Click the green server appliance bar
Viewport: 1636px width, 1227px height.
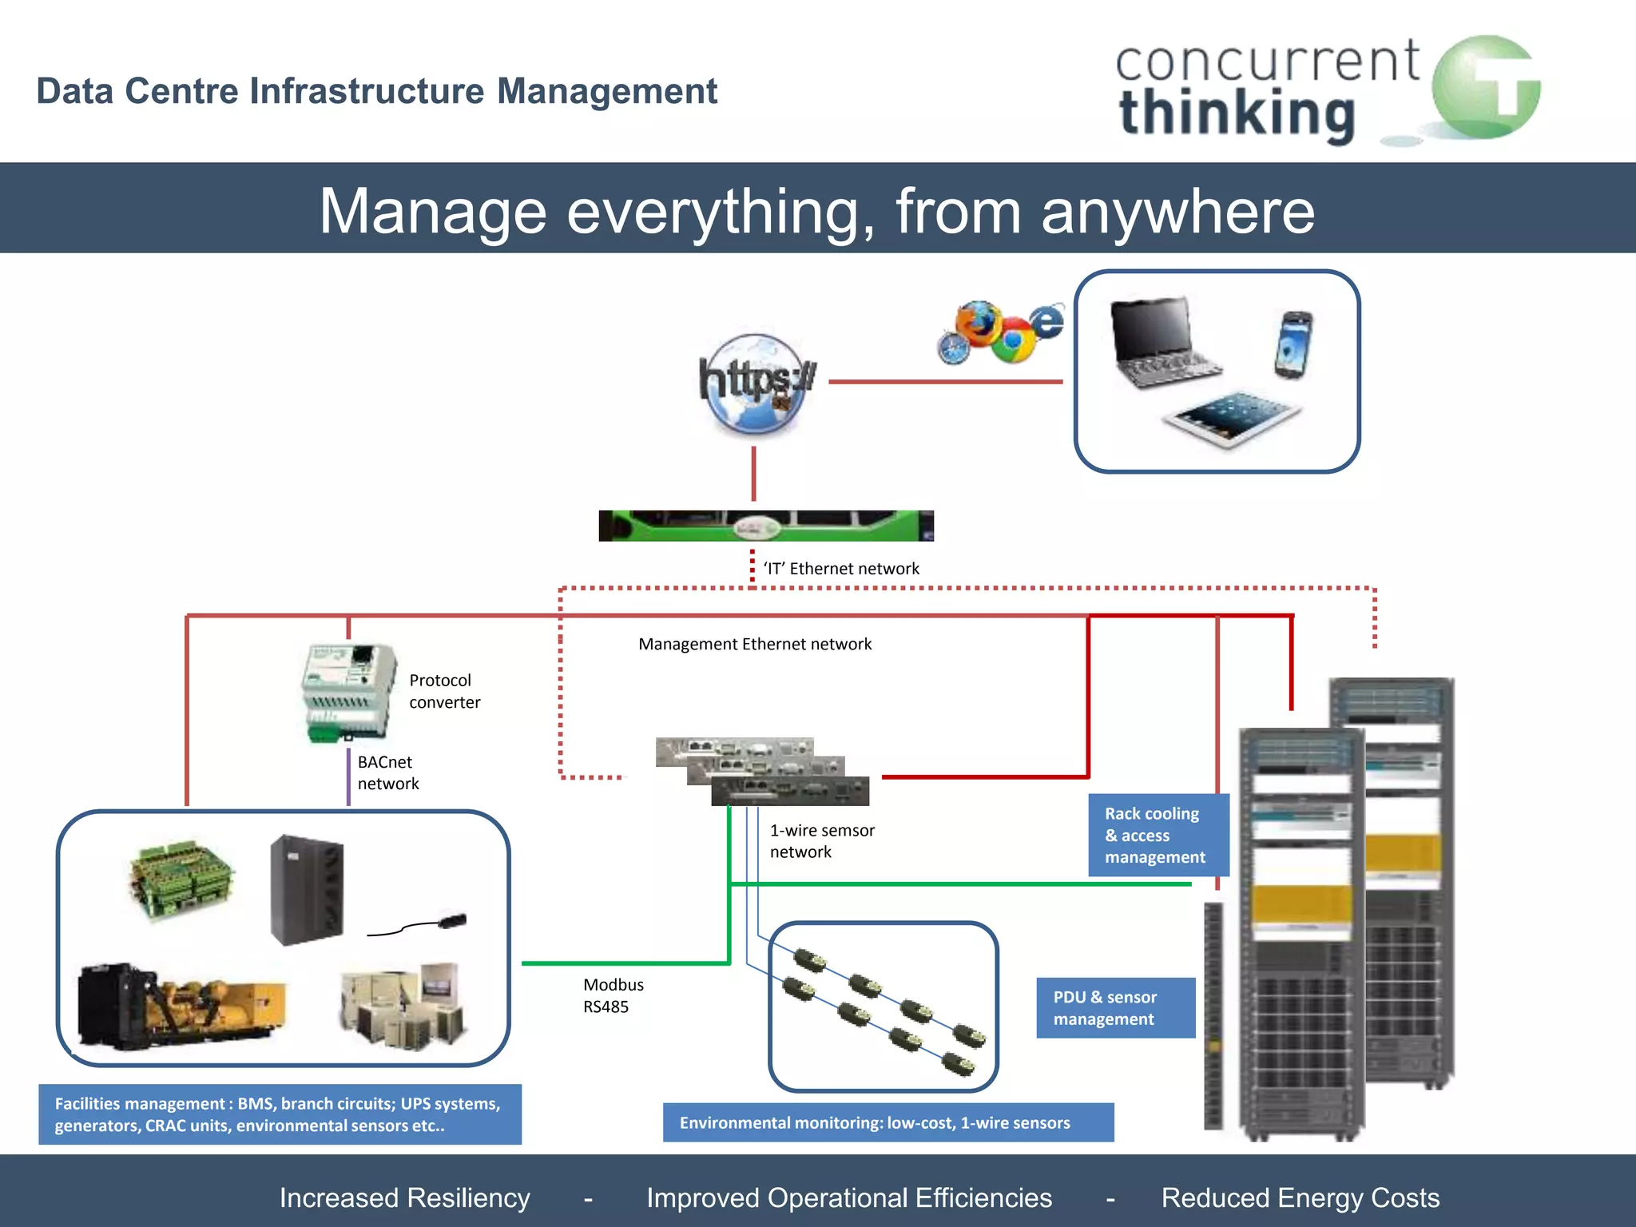[x=765, y=526]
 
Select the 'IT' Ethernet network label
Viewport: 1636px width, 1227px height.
[x=841, y=569]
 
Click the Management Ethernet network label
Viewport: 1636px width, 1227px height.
[x=755, y=644]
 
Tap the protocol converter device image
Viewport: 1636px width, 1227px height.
[x=348, y=692]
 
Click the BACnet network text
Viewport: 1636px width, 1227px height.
[x=387, y=772]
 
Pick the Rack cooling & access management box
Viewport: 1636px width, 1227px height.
[x=1158, y=835]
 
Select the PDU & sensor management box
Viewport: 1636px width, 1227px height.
[x=1115, y=1007]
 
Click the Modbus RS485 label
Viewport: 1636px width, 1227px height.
[x=613, y=995]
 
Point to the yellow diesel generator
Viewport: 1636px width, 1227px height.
[x=182, y=1007]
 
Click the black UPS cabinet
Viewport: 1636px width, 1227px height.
[x=307, y=889]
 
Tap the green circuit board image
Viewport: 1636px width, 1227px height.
[x=182, y=879]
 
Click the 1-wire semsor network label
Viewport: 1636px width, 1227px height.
[x=821, y=840]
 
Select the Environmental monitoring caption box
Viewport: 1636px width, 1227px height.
[x=887, y=1122]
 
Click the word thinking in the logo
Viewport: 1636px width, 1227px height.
[x=1237, y=113]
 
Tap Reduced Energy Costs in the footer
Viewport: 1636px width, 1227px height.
[x=1300, y=1197]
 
